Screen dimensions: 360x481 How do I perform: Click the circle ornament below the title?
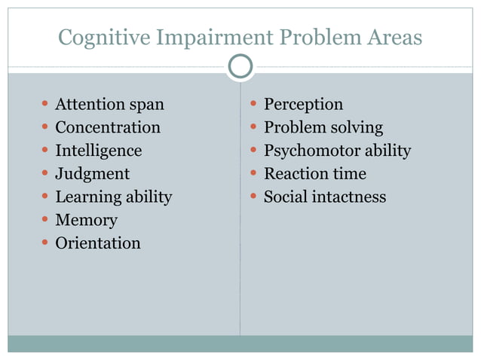240,67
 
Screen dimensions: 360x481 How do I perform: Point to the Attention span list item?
109,105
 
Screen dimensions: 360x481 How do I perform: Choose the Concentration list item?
108,127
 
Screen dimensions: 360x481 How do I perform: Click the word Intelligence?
98,151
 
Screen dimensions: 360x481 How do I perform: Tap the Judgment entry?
92,174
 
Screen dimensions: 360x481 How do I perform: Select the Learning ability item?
113,197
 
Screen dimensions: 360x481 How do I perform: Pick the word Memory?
86,221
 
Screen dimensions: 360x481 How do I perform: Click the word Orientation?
98,243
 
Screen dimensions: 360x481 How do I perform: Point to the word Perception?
303,105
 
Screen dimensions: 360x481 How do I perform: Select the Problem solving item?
323,127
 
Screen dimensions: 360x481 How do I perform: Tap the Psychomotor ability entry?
337,151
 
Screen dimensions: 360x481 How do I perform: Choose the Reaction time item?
314,174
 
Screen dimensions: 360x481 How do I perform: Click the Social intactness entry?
324,197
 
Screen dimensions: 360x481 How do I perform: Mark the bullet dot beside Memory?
46,220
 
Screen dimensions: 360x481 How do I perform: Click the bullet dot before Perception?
254,104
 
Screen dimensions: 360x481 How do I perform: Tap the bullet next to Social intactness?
254,197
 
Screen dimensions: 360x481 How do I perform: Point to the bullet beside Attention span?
46,104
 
